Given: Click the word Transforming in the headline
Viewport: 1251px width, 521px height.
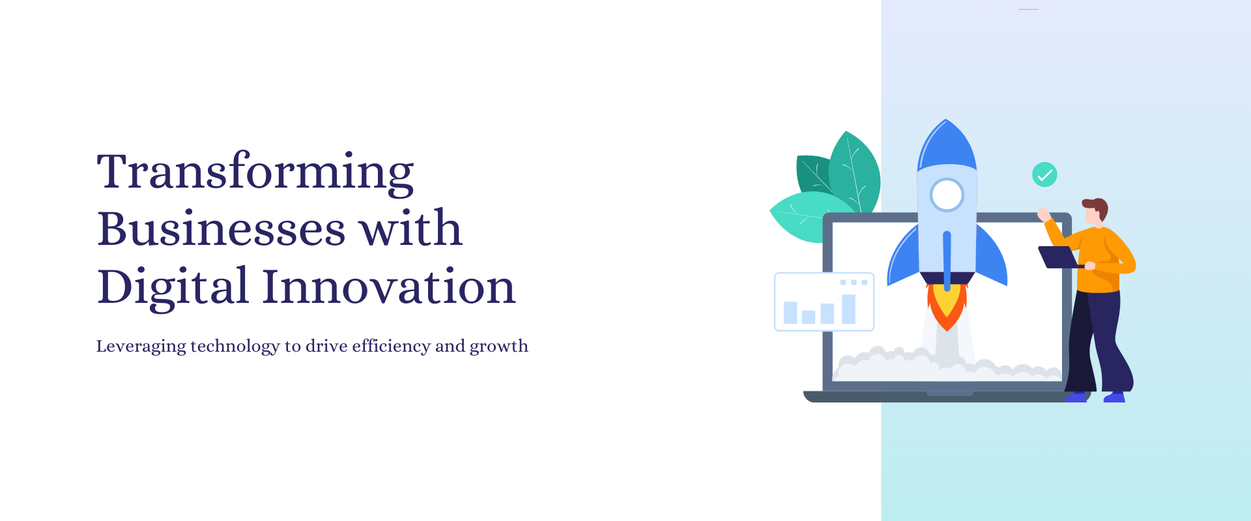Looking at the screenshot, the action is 255,173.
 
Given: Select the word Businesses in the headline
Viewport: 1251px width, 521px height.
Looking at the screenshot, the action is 222,229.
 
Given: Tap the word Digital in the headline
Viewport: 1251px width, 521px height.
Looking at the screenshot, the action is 173,287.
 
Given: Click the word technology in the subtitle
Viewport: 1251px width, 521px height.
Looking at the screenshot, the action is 235,346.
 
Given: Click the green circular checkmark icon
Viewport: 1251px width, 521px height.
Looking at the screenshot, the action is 1044,175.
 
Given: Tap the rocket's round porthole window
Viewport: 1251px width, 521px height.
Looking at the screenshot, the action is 947,195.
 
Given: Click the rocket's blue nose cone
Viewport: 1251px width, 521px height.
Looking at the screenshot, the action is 947,146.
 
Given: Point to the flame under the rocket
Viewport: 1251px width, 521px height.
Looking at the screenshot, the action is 947,305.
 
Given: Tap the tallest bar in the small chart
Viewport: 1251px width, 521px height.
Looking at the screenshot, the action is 848,309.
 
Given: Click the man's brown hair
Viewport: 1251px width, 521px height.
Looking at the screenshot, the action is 1097,206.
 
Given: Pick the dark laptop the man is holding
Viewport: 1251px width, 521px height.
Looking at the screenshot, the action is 1059,257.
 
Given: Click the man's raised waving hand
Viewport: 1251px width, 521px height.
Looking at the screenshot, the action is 1044,215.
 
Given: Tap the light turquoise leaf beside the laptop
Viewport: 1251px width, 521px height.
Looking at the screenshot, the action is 808,217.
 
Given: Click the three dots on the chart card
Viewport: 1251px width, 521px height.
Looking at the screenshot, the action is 854,283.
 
